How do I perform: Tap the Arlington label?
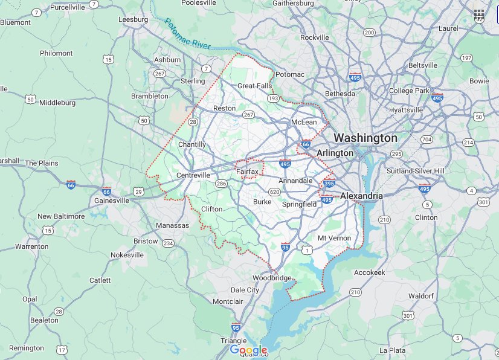tap(335, 153)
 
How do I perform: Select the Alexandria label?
tap(361, 196)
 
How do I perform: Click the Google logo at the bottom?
tap(248, 350)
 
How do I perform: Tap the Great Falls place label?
tap(254, 86)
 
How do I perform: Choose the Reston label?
tap(224, 108)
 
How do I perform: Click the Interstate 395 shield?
tap(329, 183)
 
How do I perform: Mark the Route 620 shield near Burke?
tap(275, 192)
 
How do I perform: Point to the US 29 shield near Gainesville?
tap(139, 191)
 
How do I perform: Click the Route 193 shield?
tap(274, 98)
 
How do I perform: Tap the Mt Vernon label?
tap(334, 238)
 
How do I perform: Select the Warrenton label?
tap(31, 246)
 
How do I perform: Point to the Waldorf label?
tap(421, 296)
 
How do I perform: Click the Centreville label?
tap(193, 175)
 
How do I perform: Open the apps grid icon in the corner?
tap(479, 14)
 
